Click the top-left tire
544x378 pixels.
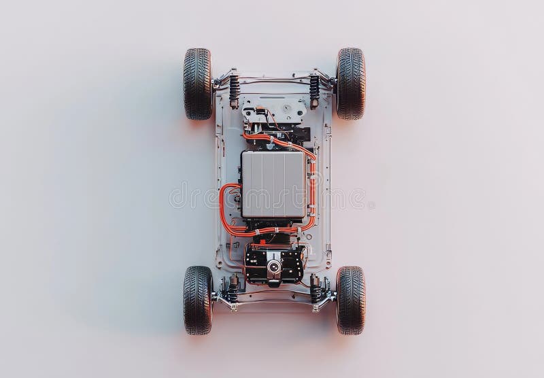[x=197, y=84]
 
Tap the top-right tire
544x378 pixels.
[x=350, y=83]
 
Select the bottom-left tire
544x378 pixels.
[x=197, y=299]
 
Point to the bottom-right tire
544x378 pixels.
[x=350, y=299]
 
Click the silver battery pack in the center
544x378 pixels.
[x=273, y=184]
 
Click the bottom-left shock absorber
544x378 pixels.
[x=233, y=288]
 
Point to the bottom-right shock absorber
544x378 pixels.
[x=316, y=288]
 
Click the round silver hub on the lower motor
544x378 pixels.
[x=273, y=267]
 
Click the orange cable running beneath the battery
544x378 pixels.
[x=272, y=231]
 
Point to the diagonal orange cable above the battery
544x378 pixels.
[x=292, y=145]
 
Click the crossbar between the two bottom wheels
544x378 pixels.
[x=273, y=294]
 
